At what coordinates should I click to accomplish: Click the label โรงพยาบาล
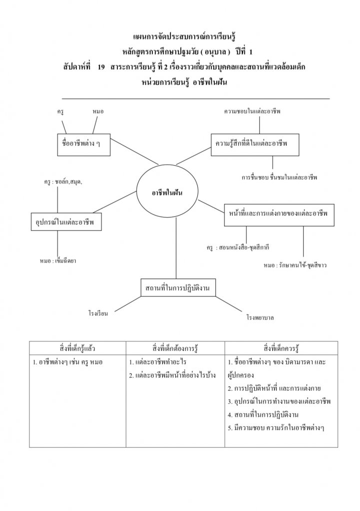[260, 317]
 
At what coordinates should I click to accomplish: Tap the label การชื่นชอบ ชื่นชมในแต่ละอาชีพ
[279, 177]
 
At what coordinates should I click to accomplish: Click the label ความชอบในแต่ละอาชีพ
[252, 112]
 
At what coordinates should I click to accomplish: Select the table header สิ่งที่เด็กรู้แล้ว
[77, 347]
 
